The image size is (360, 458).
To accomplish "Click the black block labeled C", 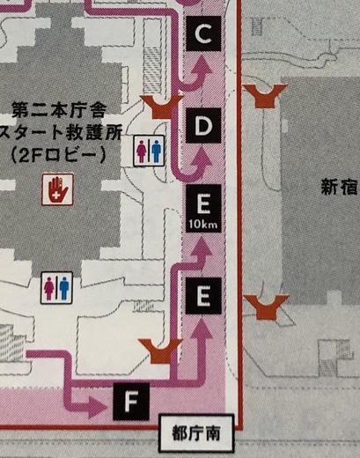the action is [203, 33].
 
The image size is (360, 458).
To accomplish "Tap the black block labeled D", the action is [203, 125].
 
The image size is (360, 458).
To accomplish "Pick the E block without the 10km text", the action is [203, 296].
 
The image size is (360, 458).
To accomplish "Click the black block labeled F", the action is [131, 401].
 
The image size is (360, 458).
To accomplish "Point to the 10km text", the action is [203, 225].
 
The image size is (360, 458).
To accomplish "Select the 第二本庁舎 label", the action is [59, 111].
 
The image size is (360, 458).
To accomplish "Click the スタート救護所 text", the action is [60, 133].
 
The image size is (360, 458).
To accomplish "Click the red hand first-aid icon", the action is [57, 189].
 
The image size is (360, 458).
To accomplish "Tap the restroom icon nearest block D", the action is [149, 151].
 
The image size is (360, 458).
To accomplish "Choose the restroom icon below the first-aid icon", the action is [56, 287].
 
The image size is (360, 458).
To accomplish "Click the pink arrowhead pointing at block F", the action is [99, 408].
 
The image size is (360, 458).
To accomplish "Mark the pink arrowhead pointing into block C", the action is [202, 65].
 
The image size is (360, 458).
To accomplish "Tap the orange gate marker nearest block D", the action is [162, 107].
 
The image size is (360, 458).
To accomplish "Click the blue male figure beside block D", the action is [156, 151].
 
